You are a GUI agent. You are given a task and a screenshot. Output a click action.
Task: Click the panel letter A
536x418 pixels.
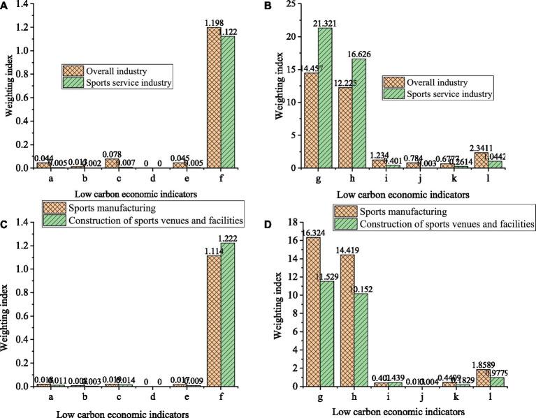point(6,6)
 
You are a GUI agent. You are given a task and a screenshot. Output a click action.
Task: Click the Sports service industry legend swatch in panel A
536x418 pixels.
point(73,84)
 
